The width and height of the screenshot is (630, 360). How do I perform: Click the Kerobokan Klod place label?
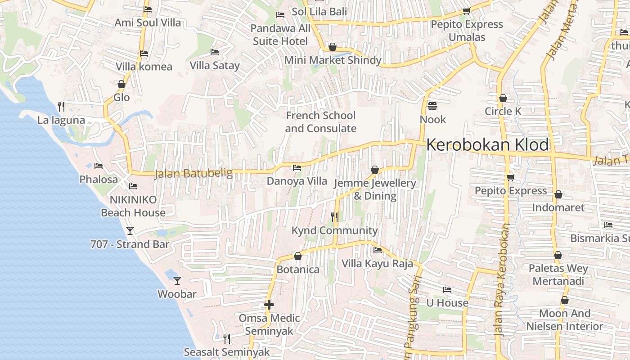click(487, 145)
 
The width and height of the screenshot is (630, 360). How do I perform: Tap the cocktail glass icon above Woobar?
click(177, 281)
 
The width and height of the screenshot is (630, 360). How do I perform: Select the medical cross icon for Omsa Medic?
click(269, 305)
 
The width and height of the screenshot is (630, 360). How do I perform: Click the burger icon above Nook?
click(432, 106)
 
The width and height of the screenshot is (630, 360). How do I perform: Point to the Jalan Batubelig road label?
click(193, 173)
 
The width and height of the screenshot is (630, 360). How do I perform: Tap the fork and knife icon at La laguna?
click(61, 107)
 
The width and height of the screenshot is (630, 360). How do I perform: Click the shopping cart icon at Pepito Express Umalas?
click(467, 11)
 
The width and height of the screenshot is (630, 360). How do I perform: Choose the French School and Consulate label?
click(320, 122)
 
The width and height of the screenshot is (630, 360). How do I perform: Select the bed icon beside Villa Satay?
click(215, 52)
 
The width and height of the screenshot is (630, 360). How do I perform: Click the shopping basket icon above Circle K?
click(503, 98)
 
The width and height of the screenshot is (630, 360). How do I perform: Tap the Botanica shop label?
click(298, 270)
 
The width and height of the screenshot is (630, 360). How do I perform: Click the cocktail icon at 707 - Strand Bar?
click(130, 231)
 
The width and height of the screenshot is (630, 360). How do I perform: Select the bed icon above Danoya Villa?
click(297, 168)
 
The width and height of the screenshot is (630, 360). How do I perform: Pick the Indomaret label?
click(558, 207)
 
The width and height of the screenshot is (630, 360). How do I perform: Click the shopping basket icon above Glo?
click(121, 84)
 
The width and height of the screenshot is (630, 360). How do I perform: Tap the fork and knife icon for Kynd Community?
click(334, 217)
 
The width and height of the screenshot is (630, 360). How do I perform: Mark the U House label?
click(447, 303)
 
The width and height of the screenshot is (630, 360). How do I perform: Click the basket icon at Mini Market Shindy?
click(333, 47)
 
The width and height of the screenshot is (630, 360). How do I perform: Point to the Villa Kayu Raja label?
click(377, 263)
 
